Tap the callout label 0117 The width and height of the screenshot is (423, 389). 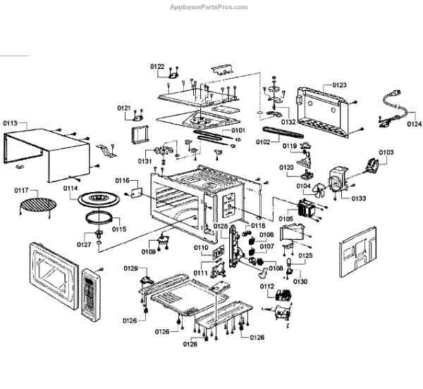[22, 190]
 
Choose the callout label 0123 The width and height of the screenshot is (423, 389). [339, 85]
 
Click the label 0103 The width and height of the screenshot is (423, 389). [386, 153]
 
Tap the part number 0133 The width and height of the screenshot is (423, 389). [359, 198]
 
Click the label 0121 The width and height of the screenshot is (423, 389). [124, 108]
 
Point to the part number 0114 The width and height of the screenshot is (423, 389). [70, 188]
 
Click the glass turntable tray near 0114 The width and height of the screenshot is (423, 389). [106, 200]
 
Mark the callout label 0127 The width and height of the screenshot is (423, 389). [84, 244]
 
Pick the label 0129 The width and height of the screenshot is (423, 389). [130, 268]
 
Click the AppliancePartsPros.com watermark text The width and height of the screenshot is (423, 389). [209, 7]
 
